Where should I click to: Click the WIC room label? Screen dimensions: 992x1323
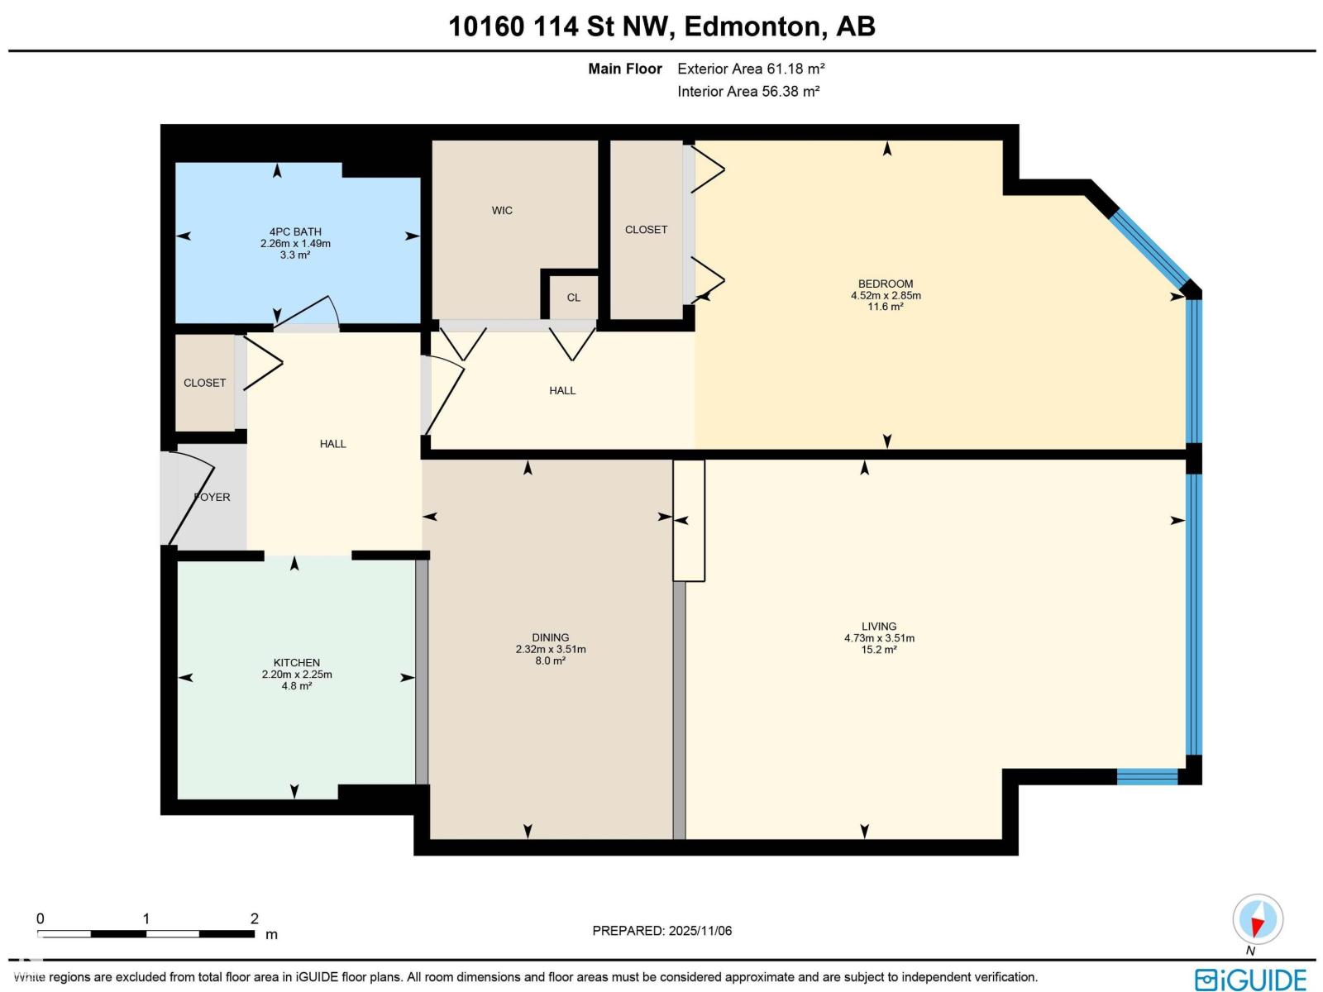tap(502, 211)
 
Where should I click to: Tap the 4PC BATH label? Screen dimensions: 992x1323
tap(295, 232)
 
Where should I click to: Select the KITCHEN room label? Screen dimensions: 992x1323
tap(297, 663)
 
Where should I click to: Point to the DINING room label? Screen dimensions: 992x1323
tap(551, 637)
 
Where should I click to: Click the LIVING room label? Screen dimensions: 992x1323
tap(879, 627)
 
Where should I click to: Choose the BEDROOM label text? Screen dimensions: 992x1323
tap(886, 284)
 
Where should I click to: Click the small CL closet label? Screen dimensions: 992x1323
tap(574, 298)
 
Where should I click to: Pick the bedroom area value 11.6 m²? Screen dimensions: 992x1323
tap(886, 307)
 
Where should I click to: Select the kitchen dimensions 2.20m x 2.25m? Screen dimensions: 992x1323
tap(297, 675)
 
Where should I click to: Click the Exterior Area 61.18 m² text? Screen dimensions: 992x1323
tap(751, 69)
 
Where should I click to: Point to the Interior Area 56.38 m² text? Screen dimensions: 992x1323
tap(748, 91)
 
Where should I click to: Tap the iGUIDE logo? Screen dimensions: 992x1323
tap(1251, 980)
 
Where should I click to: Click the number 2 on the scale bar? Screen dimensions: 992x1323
tap(255, 918)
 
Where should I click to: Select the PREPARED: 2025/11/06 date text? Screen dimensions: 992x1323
tap(662, 931)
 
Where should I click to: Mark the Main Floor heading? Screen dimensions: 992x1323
tap(625, 69)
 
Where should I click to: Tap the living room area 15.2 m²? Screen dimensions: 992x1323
tap(879, 650)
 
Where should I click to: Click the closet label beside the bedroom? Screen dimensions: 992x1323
tap(646, 230)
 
